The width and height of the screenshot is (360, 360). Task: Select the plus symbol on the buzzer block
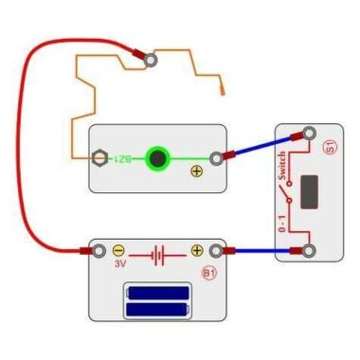point(197,171)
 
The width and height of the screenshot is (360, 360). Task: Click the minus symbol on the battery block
point(118,251)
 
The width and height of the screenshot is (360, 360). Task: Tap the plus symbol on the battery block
point(197,251)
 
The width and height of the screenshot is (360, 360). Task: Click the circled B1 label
point(209,274)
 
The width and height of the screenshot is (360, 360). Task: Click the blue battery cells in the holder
point(158,302)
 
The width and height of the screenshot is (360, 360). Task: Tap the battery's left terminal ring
point(97,251)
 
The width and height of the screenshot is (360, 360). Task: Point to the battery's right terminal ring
point(217,251)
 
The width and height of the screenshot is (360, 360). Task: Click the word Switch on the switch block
point(281,165)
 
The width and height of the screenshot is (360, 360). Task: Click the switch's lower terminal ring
point(309,251)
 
